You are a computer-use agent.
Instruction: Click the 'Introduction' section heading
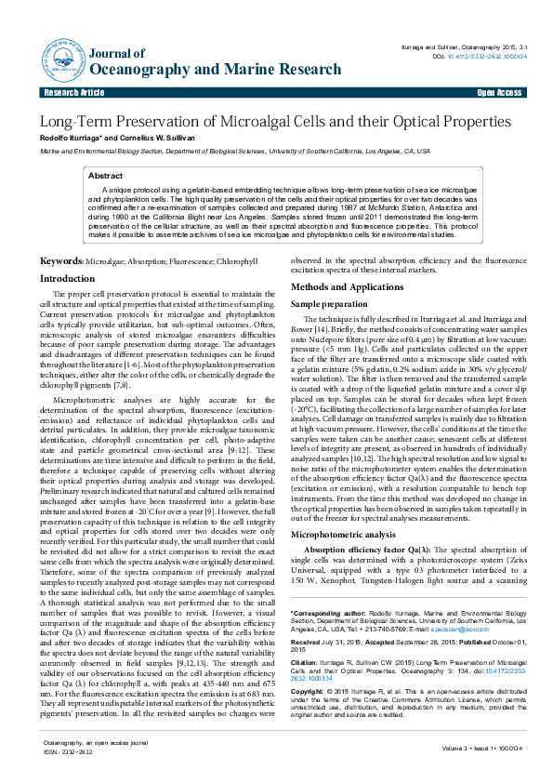[67, 279]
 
